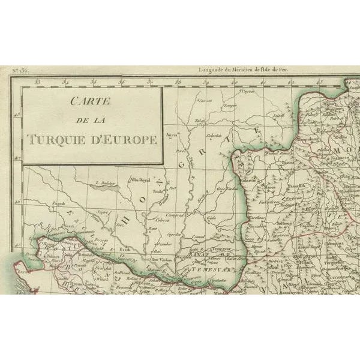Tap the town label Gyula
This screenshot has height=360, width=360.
point(211,218)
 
